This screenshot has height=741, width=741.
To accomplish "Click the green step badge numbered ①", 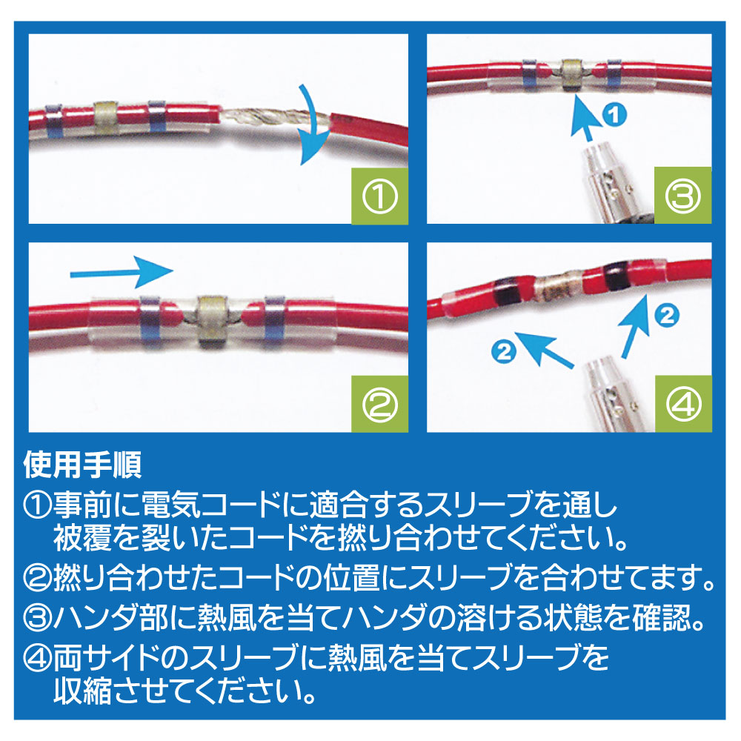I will coord(380,196).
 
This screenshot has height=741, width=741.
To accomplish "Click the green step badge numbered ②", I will coord(380,404).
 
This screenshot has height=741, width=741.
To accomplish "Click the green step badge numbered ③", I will coord(683,196).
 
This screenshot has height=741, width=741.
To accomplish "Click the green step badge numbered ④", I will coord(683,404).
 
